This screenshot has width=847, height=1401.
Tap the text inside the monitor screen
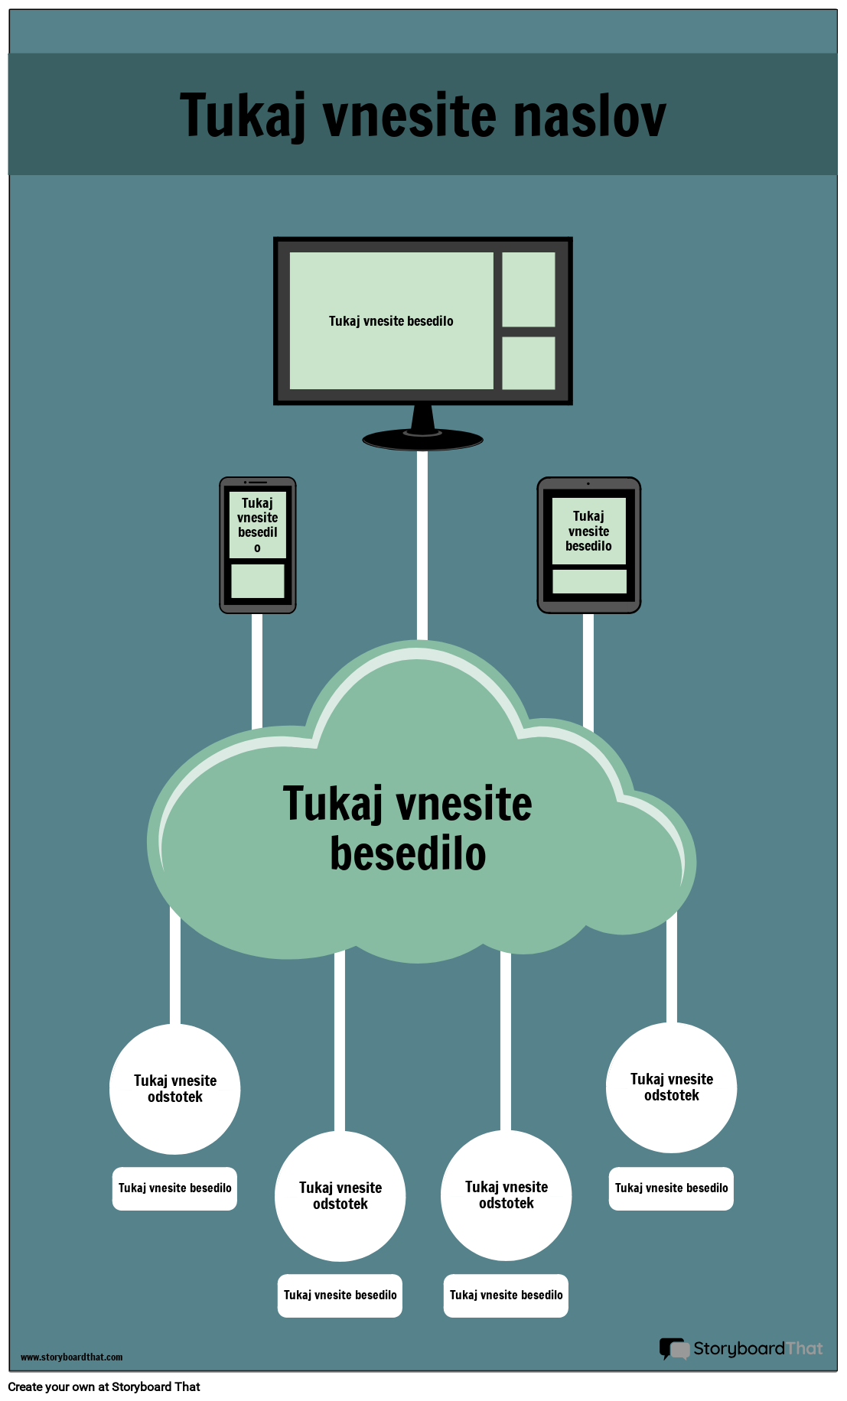pyautogui.click(x=391, y=321)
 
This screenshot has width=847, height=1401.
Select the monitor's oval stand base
pyautogui.click(x=422, y=440)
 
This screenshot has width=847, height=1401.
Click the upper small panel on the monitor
pyautogui.click(x=528, y=289)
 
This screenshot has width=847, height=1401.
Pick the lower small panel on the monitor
pyautogui.click(x=528, y=362)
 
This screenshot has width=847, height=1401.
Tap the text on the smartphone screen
pyautogui.click(x=257, y=525)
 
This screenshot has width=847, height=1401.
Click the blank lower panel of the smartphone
pyautogui.click(x=257, y=581)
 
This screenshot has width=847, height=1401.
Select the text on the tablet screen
pyautogui.click(x=588, y=531)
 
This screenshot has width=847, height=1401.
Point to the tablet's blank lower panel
pyautogui.click(x=589, y=581)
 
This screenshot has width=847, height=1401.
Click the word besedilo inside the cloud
pyautogui.click(x=408, y=854)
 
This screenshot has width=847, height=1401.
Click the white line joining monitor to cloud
pyautogui.click(x=422, y=543)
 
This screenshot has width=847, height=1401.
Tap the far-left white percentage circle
pyautogui.click(x=175, y=1089)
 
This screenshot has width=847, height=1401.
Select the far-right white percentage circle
pyautogui.click(x=671, y=1087)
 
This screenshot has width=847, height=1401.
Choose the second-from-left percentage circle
pyautogui.click(x=340, y=1196)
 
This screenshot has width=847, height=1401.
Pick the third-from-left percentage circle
pyautogui.click(x=506, y=1195)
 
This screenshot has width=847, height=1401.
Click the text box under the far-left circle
pyautogui.click(x=174, y=1188)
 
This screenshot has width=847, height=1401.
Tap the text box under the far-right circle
pyautogui.click(x=671, y=1188)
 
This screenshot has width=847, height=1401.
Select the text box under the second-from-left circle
pyautogui.click(x=340, y=1295)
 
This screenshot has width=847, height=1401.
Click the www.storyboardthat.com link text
pyautogui.click(x=71, y=1357)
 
